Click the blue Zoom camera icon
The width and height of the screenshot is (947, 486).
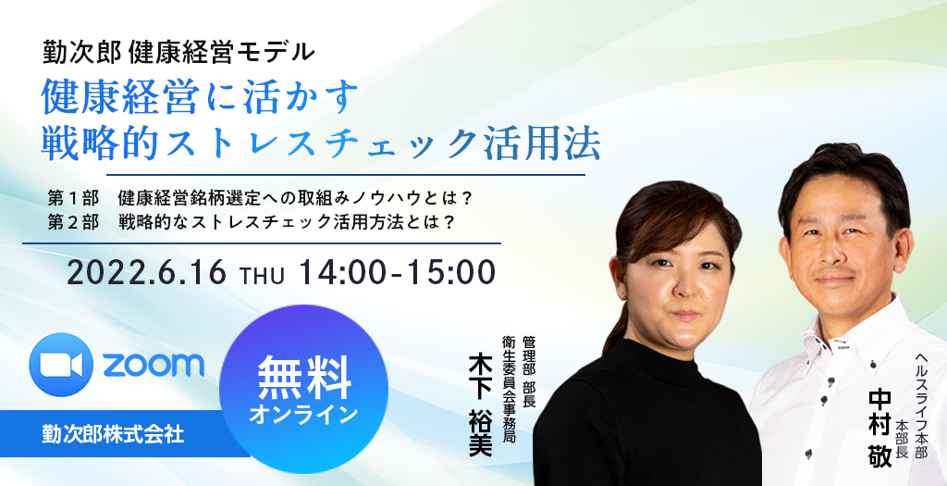tap(61, 365)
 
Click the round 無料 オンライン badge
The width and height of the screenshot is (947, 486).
tap(303, 390)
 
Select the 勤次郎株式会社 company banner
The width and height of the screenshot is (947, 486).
tap(114, 433)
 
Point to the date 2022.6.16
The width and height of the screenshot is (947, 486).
tap(146, 273)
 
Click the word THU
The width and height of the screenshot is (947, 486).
tap(262, 276)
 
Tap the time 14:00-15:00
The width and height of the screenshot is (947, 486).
tap(397, 272)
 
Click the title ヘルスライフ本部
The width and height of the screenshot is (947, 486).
tap(921, 406)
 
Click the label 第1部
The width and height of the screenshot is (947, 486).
tap(73, 198)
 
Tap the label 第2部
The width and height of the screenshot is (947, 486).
tap(73, 222)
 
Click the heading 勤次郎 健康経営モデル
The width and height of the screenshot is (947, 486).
tap(178, 52)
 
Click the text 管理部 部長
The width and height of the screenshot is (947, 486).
tap(529, 371)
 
